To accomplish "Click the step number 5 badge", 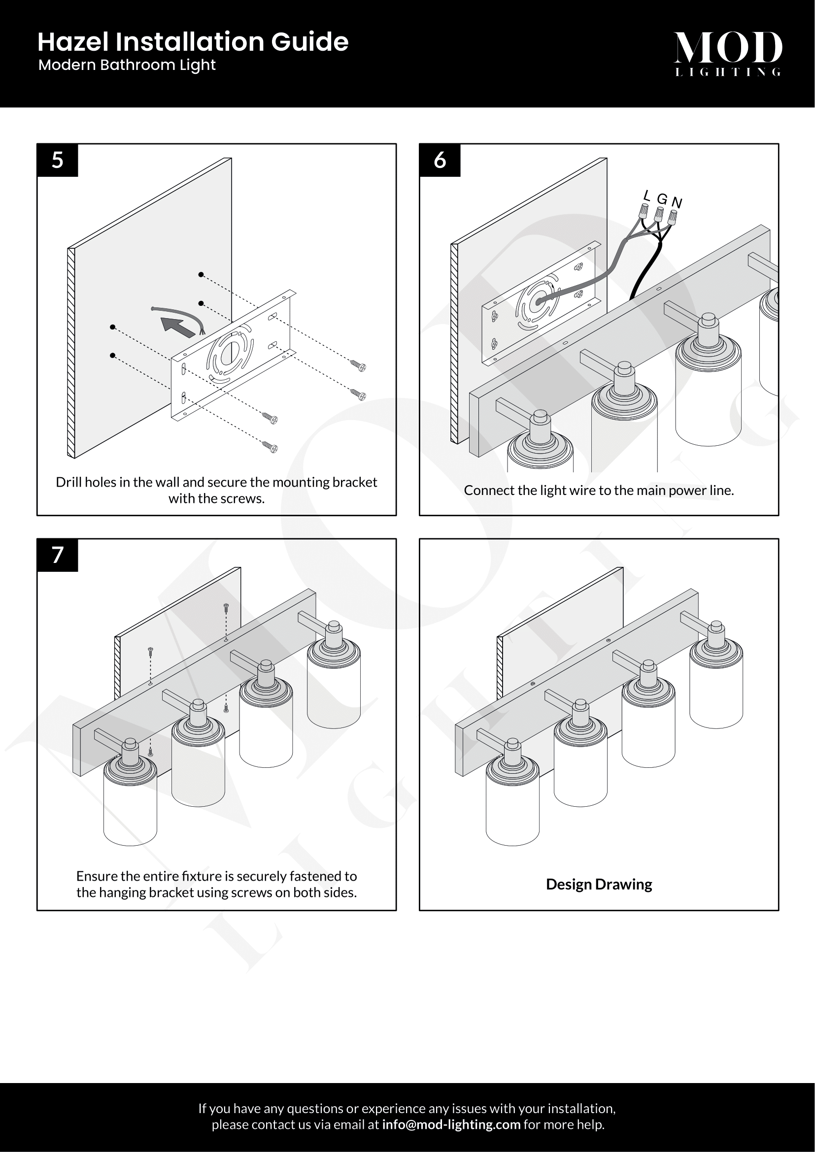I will [57, 160].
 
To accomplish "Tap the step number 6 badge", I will [440, 160].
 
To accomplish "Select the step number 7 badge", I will [57, 555].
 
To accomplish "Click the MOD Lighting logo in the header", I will [728, 53].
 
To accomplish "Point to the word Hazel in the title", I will [73, 42].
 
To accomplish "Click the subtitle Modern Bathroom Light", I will [127, 65].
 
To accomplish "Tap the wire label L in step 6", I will [647, 196].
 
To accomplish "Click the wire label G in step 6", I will [662, 199].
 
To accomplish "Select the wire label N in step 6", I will [677, 203].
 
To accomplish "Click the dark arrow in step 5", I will [178, 328].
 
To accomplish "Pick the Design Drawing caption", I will [599, 884].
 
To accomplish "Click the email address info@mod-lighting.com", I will [451, 1124].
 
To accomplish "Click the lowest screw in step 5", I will [270, 446].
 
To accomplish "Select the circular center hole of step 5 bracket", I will [227, 355].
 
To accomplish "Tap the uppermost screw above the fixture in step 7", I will [226, 607].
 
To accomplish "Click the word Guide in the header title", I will [309, 42].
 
